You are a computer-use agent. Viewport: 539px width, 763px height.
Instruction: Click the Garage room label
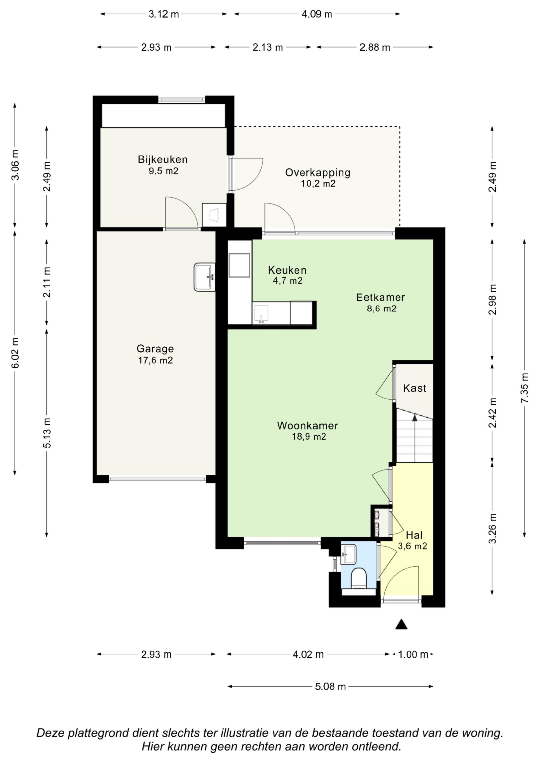point(155,349)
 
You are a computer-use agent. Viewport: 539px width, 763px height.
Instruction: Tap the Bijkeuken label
point(163,160)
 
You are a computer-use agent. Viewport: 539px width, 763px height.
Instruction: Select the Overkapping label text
point(318,173)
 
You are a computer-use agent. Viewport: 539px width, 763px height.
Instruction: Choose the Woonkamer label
point(307,425)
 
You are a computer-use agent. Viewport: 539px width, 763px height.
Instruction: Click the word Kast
point(414,388)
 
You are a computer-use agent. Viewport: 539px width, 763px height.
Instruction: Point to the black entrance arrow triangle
point(401,624)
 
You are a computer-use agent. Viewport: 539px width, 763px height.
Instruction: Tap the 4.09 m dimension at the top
point(317,14)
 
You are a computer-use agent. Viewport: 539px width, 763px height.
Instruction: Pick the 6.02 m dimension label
point(15,353)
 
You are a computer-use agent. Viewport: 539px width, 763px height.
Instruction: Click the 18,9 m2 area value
point(309,436)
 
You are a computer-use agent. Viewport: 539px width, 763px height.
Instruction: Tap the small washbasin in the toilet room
point(348,554)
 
